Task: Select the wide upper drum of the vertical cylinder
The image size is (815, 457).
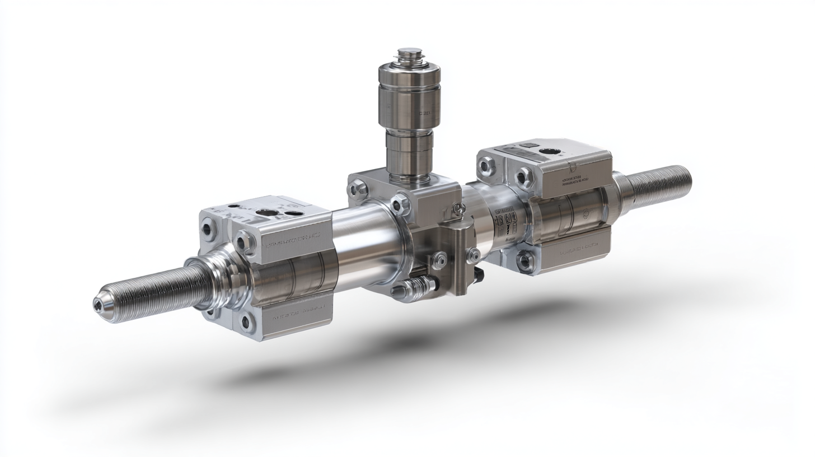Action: [409, 95]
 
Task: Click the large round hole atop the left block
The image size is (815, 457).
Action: [267, 212]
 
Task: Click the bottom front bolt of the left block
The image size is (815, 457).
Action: [245, 321]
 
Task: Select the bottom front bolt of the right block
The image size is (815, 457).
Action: [524, 260]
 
